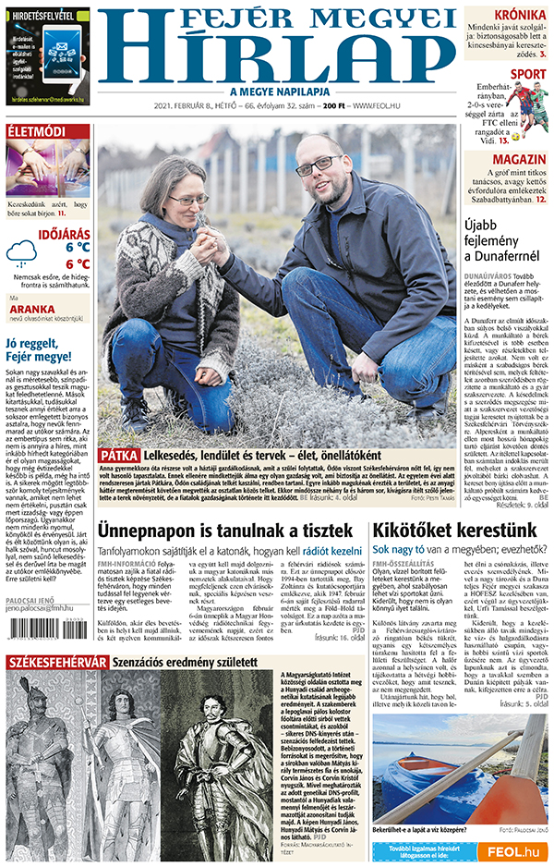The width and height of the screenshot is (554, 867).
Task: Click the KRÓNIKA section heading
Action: (520, 15)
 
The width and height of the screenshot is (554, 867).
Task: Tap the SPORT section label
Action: (528, 74)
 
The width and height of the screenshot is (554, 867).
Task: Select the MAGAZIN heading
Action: (519, 158)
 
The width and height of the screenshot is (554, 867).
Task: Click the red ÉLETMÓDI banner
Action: (36, 131)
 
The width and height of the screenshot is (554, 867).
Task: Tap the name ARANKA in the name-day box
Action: (41, 311)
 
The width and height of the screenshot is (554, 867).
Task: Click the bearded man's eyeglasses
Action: (318, 166)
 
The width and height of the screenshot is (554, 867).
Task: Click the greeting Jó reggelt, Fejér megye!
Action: (39, 350)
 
